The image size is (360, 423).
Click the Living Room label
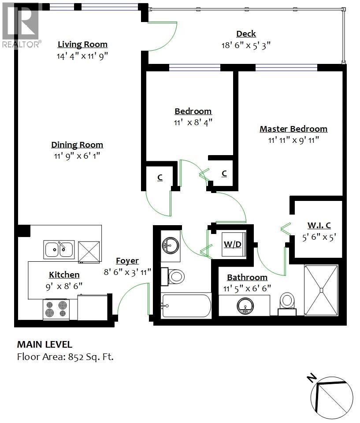pos(82,45)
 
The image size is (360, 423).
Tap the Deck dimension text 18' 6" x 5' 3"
pos(246,45)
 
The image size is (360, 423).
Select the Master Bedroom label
pos(293,129)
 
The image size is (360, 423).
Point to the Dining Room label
pos(77,145)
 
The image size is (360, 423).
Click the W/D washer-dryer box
pos(232,244)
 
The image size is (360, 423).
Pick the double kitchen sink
pos(59,250)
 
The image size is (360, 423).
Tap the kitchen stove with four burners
pos(56,309)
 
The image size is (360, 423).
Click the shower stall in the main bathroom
pos(321,290)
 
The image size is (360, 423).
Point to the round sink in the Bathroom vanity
pos(245,306)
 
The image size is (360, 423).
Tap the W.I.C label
pos(319,226)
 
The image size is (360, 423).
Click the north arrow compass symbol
pos(331,397)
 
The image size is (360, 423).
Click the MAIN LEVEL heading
pos(45,345)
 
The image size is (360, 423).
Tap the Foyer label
pos(127,261)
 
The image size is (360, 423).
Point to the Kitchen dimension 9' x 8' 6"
pos(64,285)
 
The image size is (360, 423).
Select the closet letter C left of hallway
pos(160,177)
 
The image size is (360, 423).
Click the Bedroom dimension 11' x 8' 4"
pos(193,122)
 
